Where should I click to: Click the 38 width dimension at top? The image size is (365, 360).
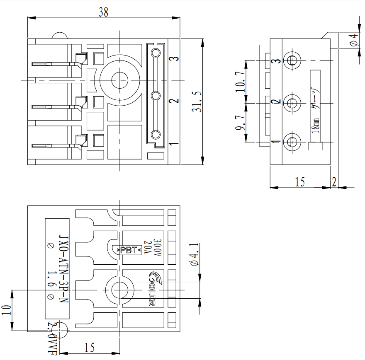103,12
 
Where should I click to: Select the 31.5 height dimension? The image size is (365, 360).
197,102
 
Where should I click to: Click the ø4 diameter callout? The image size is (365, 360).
353,40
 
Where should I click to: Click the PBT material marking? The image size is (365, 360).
129,250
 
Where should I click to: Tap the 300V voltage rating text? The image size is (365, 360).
157,249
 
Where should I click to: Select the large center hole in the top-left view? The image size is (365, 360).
120,79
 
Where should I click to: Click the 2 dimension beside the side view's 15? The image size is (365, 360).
334,181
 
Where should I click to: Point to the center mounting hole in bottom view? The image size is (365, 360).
120,289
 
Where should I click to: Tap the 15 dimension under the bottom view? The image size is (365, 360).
89,347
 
